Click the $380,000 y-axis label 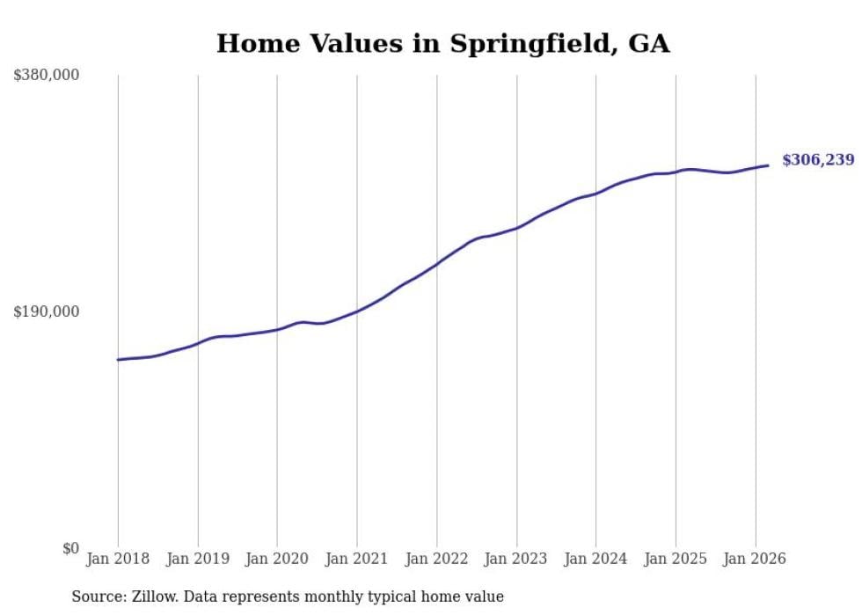coord(46,76)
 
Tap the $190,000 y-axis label coord(46,311)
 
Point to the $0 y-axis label coord(70,548)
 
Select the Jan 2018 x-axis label coord(118,559)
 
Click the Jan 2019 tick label coord(198,559)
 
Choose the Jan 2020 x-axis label coord(277,559)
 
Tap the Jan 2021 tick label coord(357,559)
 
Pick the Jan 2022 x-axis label coord(436,559)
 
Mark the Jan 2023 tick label coord(516,559)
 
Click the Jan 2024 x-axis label coord(595,559)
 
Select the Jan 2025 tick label coord(676,559)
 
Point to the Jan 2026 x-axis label coord(755,559)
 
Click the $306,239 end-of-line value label coord(818,160)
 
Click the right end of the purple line coord(768,165)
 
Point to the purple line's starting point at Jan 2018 coord(118,360)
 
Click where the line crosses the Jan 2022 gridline coord(436,263)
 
